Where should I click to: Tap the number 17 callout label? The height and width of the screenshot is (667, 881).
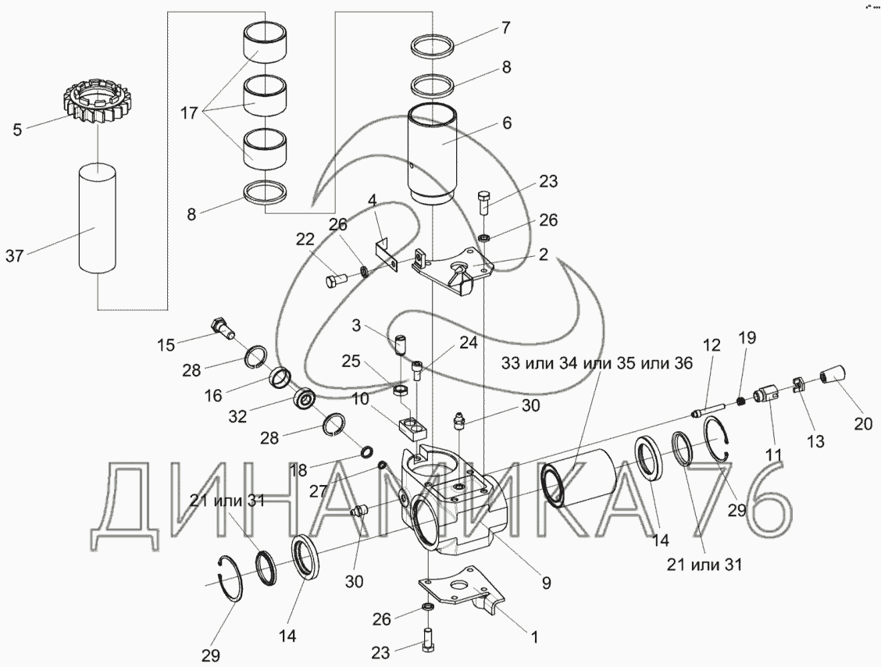(x=189, y=113)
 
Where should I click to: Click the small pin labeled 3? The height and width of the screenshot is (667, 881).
(x=399, y=344)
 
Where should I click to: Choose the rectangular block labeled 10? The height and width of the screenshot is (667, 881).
(x=412, y=428)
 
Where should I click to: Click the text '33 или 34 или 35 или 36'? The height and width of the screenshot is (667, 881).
(x=597, y=363)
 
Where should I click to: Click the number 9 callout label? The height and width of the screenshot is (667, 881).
(x=546, y=583)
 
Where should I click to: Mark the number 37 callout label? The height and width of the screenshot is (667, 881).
(x=15, y=256)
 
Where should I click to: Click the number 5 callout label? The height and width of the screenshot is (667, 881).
(x=17, y=130)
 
